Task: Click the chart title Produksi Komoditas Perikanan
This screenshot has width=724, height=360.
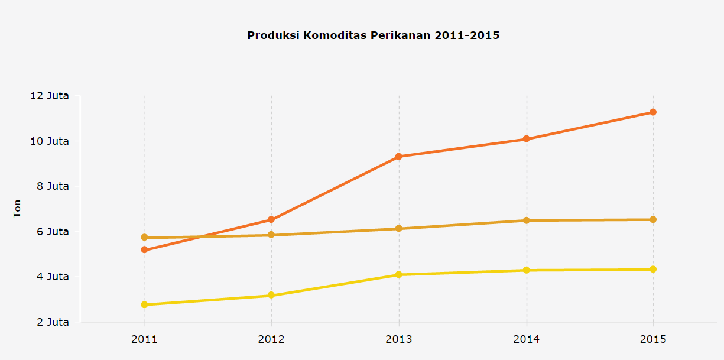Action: (339, 35)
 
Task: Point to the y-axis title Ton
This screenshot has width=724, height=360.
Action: (17, 209)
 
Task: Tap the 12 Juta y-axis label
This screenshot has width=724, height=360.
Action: (49, 96)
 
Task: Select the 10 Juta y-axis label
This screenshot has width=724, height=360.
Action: (49, 141)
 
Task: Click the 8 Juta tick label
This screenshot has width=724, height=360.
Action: (52, 186)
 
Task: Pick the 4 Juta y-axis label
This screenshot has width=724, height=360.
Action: (52, 277)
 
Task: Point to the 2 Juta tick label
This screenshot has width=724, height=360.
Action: (52, 322)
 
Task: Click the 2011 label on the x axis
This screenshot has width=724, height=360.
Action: (144, 339)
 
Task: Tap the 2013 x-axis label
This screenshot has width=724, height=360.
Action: (399, 339)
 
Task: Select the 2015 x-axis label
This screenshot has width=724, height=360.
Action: (653, 339)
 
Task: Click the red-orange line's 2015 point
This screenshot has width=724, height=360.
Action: (653, 112)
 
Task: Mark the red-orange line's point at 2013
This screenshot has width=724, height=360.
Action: (399, 157)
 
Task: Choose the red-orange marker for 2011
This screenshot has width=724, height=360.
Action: (144, 250)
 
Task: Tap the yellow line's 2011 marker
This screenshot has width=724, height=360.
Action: (144, 305)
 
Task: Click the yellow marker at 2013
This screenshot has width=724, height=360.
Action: (399, 275)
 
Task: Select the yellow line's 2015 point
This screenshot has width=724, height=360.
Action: (653, 270)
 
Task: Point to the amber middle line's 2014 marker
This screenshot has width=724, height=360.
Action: (526, 220)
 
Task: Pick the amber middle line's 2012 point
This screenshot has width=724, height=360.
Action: (271, 235)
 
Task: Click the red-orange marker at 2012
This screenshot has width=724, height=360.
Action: (271, 220)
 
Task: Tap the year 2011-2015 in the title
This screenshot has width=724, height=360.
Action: (467, 35)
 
